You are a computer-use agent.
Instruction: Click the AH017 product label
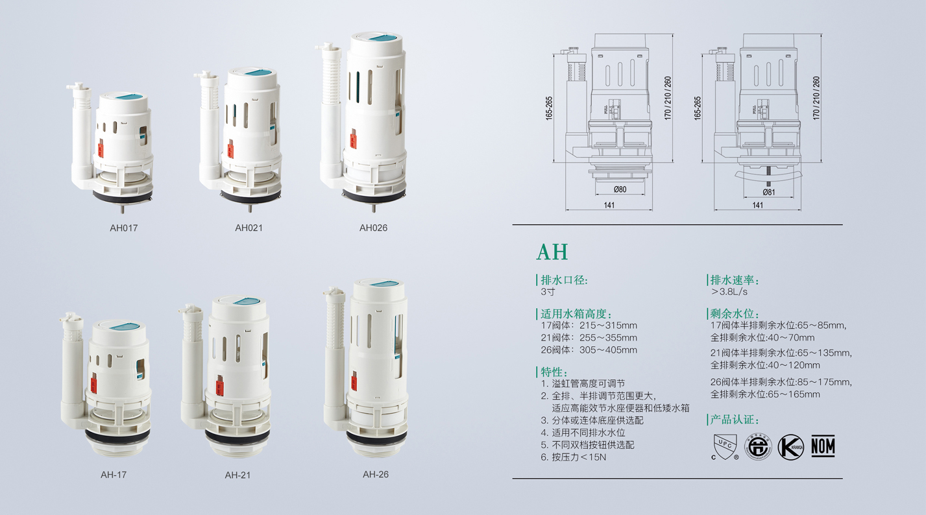(123, 228)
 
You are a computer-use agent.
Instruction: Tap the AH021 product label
(249, 228)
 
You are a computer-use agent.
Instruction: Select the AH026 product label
(373, 228)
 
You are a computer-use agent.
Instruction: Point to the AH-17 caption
(114, 475)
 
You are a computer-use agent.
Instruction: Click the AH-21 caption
(238, 475)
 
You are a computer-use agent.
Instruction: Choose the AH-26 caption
(376, 475)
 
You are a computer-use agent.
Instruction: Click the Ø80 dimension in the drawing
(620, 189)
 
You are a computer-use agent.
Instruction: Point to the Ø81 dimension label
(768, 192)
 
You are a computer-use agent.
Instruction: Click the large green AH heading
(552, 252)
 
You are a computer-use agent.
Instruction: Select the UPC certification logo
(725, 447)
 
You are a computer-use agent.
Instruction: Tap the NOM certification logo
(823, 446)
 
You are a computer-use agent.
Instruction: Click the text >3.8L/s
(729, 292)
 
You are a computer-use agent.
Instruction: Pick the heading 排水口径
(564, 280)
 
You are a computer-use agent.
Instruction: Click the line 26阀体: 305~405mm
(589, 350)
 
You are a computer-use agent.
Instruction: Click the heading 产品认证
(735, 420)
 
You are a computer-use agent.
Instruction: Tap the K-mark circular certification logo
(791, 447)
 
